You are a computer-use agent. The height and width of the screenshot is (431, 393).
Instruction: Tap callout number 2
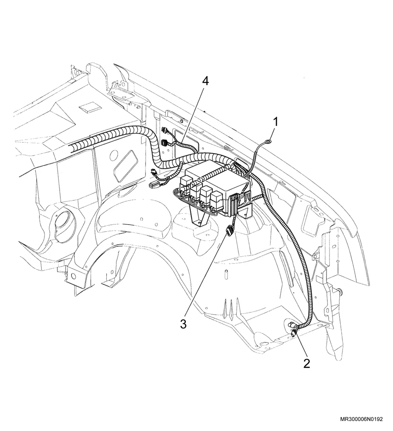(x=307, y=363)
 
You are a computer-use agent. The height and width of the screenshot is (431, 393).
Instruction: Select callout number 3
(x=184, y=324)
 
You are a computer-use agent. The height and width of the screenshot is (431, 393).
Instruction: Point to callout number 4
(x=205, y=81)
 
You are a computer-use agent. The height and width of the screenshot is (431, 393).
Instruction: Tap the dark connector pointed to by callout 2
(x=293, y=333)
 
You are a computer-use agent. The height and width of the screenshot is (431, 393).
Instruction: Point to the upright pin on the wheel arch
(x=225, y=274)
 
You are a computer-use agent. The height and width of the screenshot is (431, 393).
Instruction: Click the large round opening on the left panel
(x=64, y=223)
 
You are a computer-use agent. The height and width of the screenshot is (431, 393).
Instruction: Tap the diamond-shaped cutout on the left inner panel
(x=125, y=166)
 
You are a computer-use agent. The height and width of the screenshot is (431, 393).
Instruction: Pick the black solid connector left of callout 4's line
(x=165, y=143)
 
